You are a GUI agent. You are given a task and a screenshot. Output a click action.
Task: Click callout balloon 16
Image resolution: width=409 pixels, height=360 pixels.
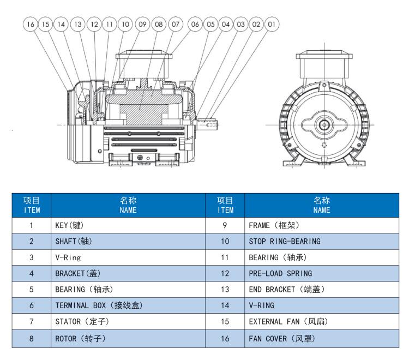[31, 24]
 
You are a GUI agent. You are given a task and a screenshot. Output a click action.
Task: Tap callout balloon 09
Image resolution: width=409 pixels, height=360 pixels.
[142, 24]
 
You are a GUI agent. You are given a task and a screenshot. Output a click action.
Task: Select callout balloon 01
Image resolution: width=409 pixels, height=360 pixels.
[272, 24]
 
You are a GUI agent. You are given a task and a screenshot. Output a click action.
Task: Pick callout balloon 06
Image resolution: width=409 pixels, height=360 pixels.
[195, 24]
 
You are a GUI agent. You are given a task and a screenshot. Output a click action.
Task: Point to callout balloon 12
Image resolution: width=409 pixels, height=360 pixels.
[94, 24]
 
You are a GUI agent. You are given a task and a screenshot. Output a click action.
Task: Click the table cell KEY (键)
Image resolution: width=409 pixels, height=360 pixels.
[128, 225]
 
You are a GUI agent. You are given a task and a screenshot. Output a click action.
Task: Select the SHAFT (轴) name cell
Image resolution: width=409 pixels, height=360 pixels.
[128, 241]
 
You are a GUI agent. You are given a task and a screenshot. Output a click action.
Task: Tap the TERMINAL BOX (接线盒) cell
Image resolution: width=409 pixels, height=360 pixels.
[128, 305]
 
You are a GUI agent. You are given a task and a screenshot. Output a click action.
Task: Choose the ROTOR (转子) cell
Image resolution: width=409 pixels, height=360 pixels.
[128, 338]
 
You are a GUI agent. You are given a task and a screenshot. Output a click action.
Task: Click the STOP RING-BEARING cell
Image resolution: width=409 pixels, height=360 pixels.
[322, 241]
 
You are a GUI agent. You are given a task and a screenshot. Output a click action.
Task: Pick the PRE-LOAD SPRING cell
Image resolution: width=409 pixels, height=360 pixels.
[322, 273]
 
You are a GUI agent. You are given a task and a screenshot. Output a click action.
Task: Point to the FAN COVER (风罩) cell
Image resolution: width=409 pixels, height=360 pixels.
[322, 338]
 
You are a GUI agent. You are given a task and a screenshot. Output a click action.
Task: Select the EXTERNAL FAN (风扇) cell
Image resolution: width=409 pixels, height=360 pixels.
[322, 321]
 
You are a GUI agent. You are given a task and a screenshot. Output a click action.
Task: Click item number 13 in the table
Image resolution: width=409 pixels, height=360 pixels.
[225, 289]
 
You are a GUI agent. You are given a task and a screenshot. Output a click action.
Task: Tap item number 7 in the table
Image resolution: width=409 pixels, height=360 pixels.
[31, 321]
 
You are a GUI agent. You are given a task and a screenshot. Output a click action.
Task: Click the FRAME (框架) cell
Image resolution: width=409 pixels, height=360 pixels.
[322, 225]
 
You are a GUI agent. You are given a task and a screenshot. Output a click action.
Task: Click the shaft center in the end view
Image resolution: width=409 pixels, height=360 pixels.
[324, 125]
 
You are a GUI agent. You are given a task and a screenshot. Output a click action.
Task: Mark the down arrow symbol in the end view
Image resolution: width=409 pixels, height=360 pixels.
[324, 145]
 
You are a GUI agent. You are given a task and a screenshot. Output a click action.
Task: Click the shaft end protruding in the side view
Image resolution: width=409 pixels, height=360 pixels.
[208, 124]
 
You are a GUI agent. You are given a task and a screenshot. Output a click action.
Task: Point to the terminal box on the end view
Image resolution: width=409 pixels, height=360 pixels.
[324, 66]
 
